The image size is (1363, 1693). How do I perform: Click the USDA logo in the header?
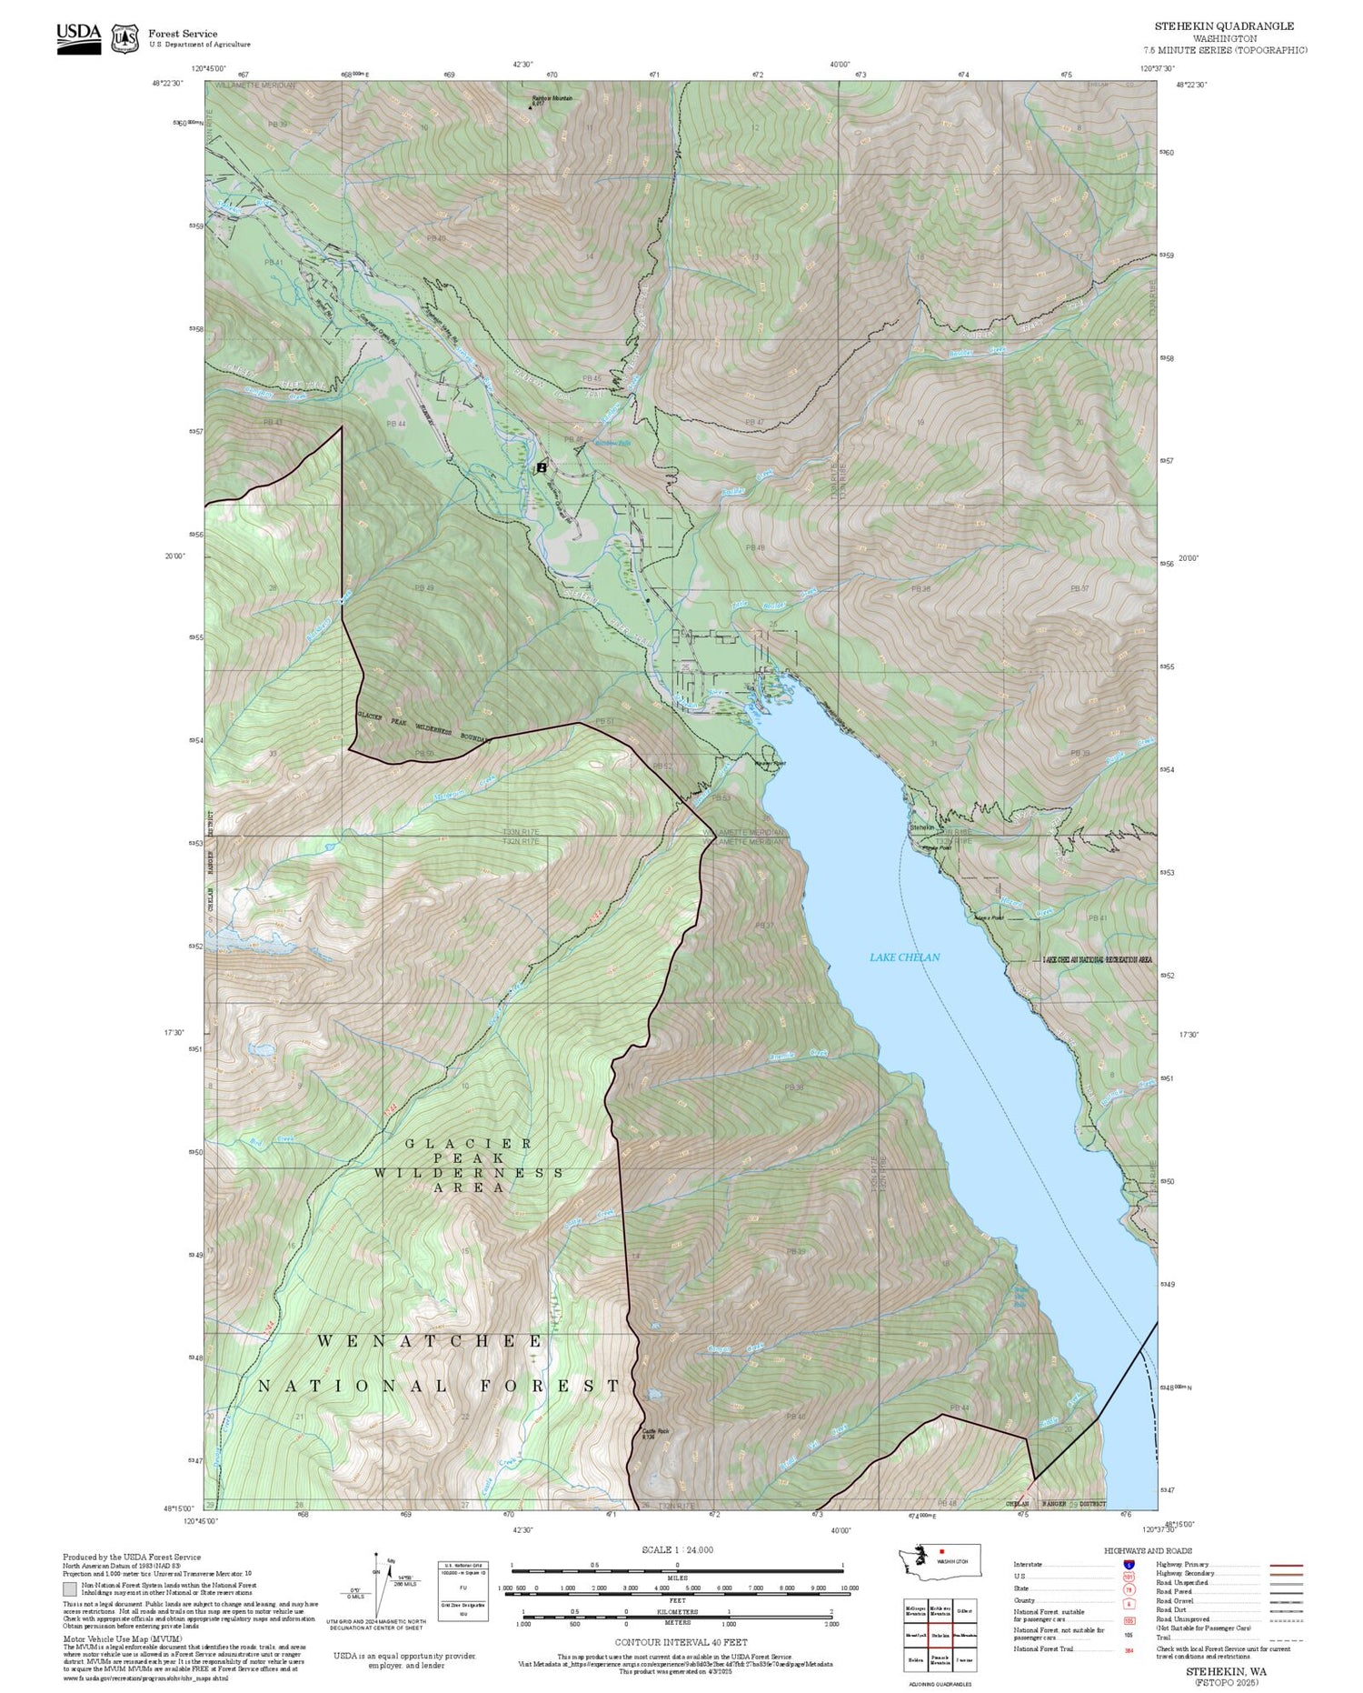(x=78, y=38)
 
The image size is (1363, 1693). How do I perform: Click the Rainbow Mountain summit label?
(x=552, y=99)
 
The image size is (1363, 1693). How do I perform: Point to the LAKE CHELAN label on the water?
(x=904, y=957)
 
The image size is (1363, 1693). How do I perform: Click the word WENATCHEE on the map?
(x=431, y=1341)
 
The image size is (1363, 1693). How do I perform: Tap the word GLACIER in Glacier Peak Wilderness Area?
(x=469, y=1143)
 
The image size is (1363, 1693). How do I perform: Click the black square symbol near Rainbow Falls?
(x=542, y=466)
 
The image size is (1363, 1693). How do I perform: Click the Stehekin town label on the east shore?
(x=921, y=827)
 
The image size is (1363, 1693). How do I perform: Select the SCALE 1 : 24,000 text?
(x=677, y=1549)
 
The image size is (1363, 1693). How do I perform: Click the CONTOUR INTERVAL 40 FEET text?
(x=681, y=1642)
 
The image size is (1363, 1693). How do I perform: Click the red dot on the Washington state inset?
(x=941, y=1552)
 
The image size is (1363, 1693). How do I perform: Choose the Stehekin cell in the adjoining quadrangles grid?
(x=940, y=1635)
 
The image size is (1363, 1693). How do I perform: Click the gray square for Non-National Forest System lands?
(x=70, y=1589)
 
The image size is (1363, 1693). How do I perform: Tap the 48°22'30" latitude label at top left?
(x=167, y=83)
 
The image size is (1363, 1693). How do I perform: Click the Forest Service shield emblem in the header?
(x=124, y=38)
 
